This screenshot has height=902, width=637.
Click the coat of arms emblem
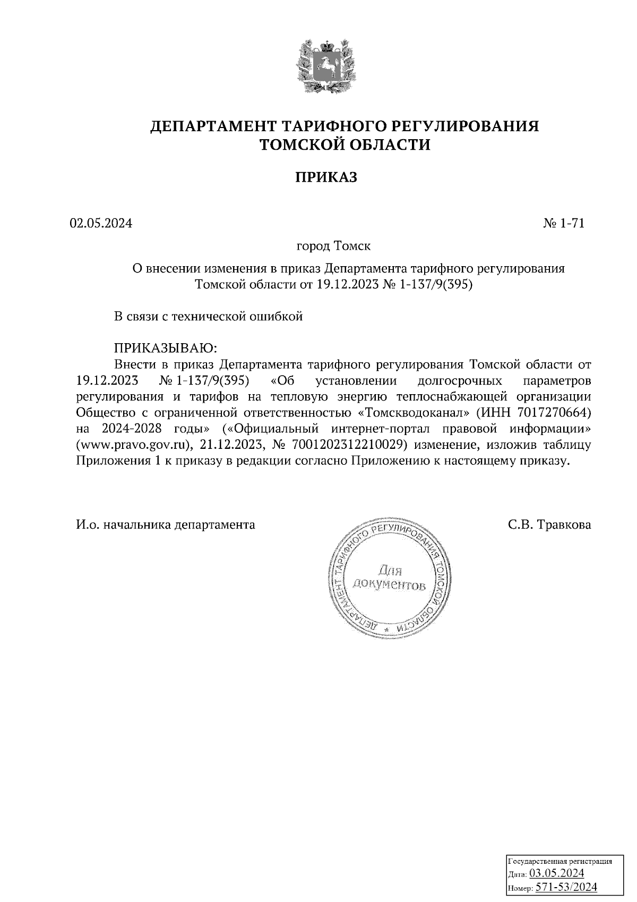point(325,65)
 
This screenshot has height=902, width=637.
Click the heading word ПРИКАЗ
point(326,177)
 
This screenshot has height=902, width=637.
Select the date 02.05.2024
point(100,223)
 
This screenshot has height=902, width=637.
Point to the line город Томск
point(333,246)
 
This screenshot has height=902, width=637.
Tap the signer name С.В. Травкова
point(549,525)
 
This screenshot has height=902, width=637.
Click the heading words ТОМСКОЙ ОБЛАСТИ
point(344,144)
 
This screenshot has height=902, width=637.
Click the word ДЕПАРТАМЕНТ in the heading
point(213,126)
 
